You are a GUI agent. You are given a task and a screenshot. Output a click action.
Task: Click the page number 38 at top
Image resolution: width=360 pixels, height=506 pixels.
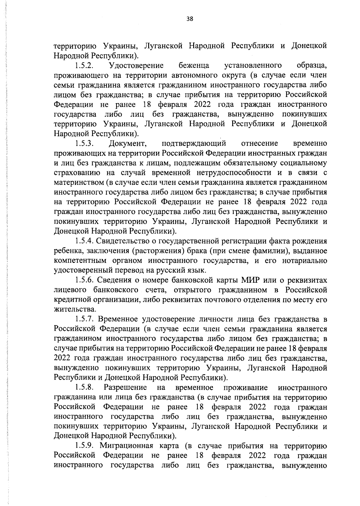(x=190, y=19)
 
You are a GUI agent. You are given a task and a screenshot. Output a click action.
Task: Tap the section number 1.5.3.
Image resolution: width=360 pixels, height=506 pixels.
(x=85, y=143)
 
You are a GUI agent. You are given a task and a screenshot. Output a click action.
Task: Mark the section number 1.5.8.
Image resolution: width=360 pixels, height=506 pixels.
(x=85, y=387)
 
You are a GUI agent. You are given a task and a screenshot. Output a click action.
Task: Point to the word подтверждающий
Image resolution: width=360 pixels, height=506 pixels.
(x=194, y=143)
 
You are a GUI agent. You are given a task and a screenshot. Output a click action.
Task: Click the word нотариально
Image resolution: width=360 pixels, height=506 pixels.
(x=304, y=261)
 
